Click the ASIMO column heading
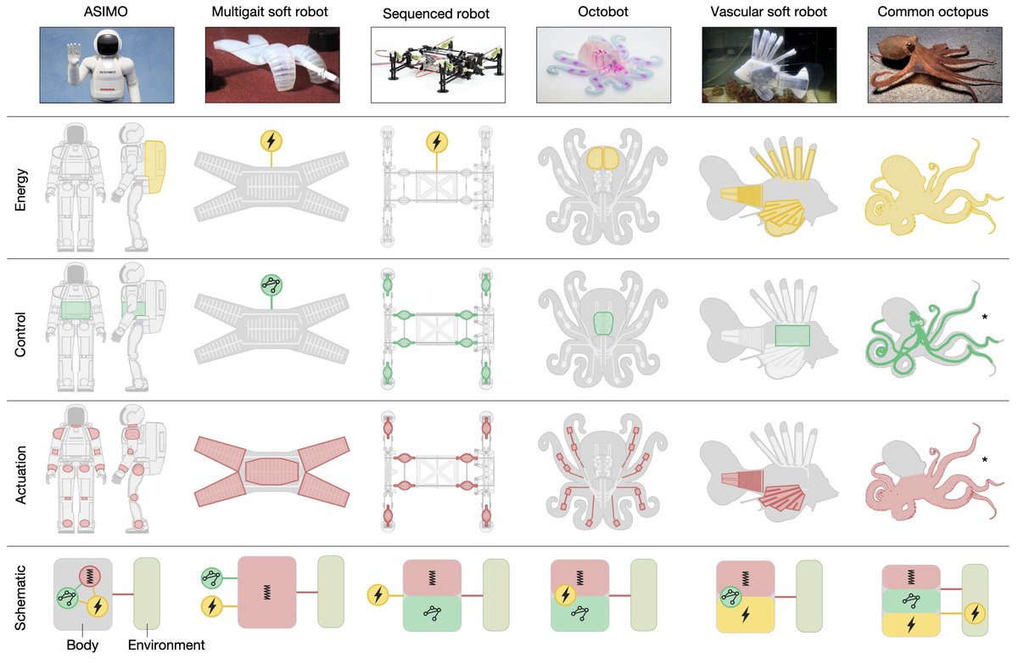pyautogui.click(x=105, y=11)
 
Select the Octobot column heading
pyautogui.click(x=602, y=11)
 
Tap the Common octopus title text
pyautogui.click(x=932, y=12)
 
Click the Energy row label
pyautogui.click(x=20, y=189)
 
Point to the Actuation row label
pyautogui.click(x=20, y=475)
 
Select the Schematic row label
pyautogui.click(x=20, y=598)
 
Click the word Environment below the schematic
pyautogui.click(x=166, y=644)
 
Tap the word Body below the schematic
pyautogui.click(x=82, y=645)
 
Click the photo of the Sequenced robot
pyautogui.click(x=438, y=65)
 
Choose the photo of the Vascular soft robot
pyautogui.click(x=769, y=65)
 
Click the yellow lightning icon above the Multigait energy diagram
pyautogui.click(x=271, y=141)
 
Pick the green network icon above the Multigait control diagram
pyautogui.click(x=271, y=284)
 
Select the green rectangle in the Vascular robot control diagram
pyautogui.click(x=792, y=335)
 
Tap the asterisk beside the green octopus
pyautogui.click(x=984, y=317)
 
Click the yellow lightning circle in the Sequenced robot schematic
pyautogui.click(x=378, y=595)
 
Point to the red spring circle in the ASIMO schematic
pyautogui.click(x=90, y=577)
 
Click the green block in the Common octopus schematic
pyautogui.click(x=911, y=601)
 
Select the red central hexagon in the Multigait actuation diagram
pyautogui.click(x=271, y=471)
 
